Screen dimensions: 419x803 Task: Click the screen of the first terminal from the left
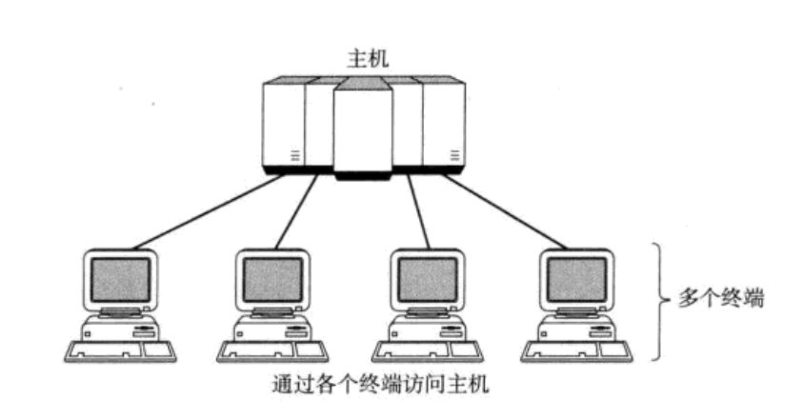(120, 278)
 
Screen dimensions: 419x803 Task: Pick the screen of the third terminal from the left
(424, 278)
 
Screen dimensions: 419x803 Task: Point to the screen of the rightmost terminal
(575, 278)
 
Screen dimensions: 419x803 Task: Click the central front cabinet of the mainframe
(363, 129)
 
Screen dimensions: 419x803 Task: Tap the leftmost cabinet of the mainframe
(283, 124)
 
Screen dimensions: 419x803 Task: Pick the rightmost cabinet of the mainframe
(445, 124)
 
